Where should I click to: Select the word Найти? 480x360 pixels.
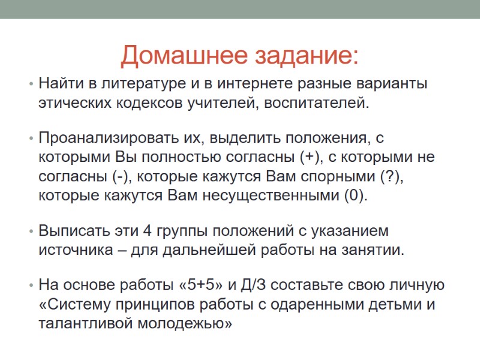click(58, 83)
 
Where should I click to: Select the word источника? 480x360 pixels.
click(71, 250)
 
